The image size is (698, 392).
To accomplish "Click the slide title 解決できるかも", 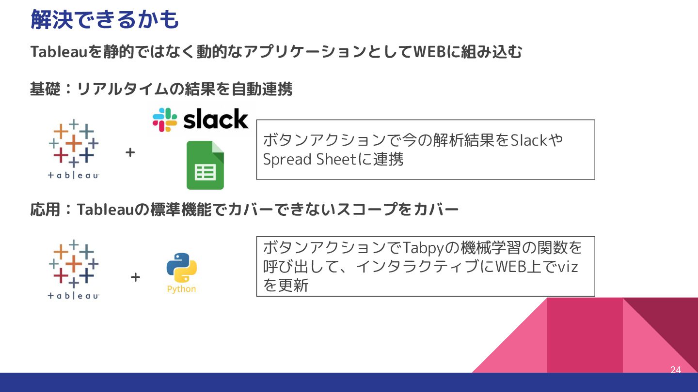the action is tap(105, 19).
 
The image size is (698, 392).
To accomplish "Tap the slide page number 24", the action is tap(676, 370).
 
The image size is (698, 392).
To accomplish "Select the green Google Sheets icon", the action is tap(205, 165).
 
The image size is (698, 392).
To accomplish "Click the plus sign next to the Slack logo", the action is tap(130, 152).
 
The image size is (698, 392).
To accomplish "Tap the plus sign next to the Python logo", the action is tap(135, 277).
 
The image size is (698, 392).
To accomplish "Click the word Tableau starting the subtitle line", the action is tap(59, 52).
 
